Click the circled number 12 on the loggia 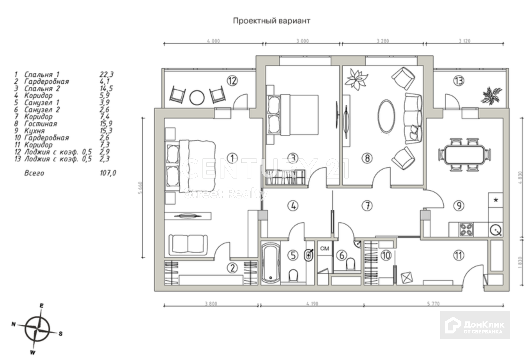[232, 81]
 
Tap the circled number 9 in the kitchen [459, 206]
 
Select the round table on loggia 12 [197, 97]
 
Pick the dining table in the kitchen [465, 154]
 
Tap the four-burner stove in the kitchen [466, 229]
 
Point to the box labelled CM [325, 248]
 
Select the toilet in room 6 [350, 263]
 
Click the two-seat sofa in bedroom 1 [188, 244]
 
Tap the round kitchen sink [496, 230]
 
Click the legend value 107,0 [108, 173]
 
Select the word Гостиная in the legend [41, 124]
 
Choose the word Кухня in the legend [35, 131]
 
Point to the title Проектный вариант [272, 21]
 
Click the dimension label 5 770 [433, 304]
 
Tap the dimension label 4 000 [213, 41]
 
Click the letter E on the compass [42, 306]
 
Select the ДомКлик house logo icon [453, 325]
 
